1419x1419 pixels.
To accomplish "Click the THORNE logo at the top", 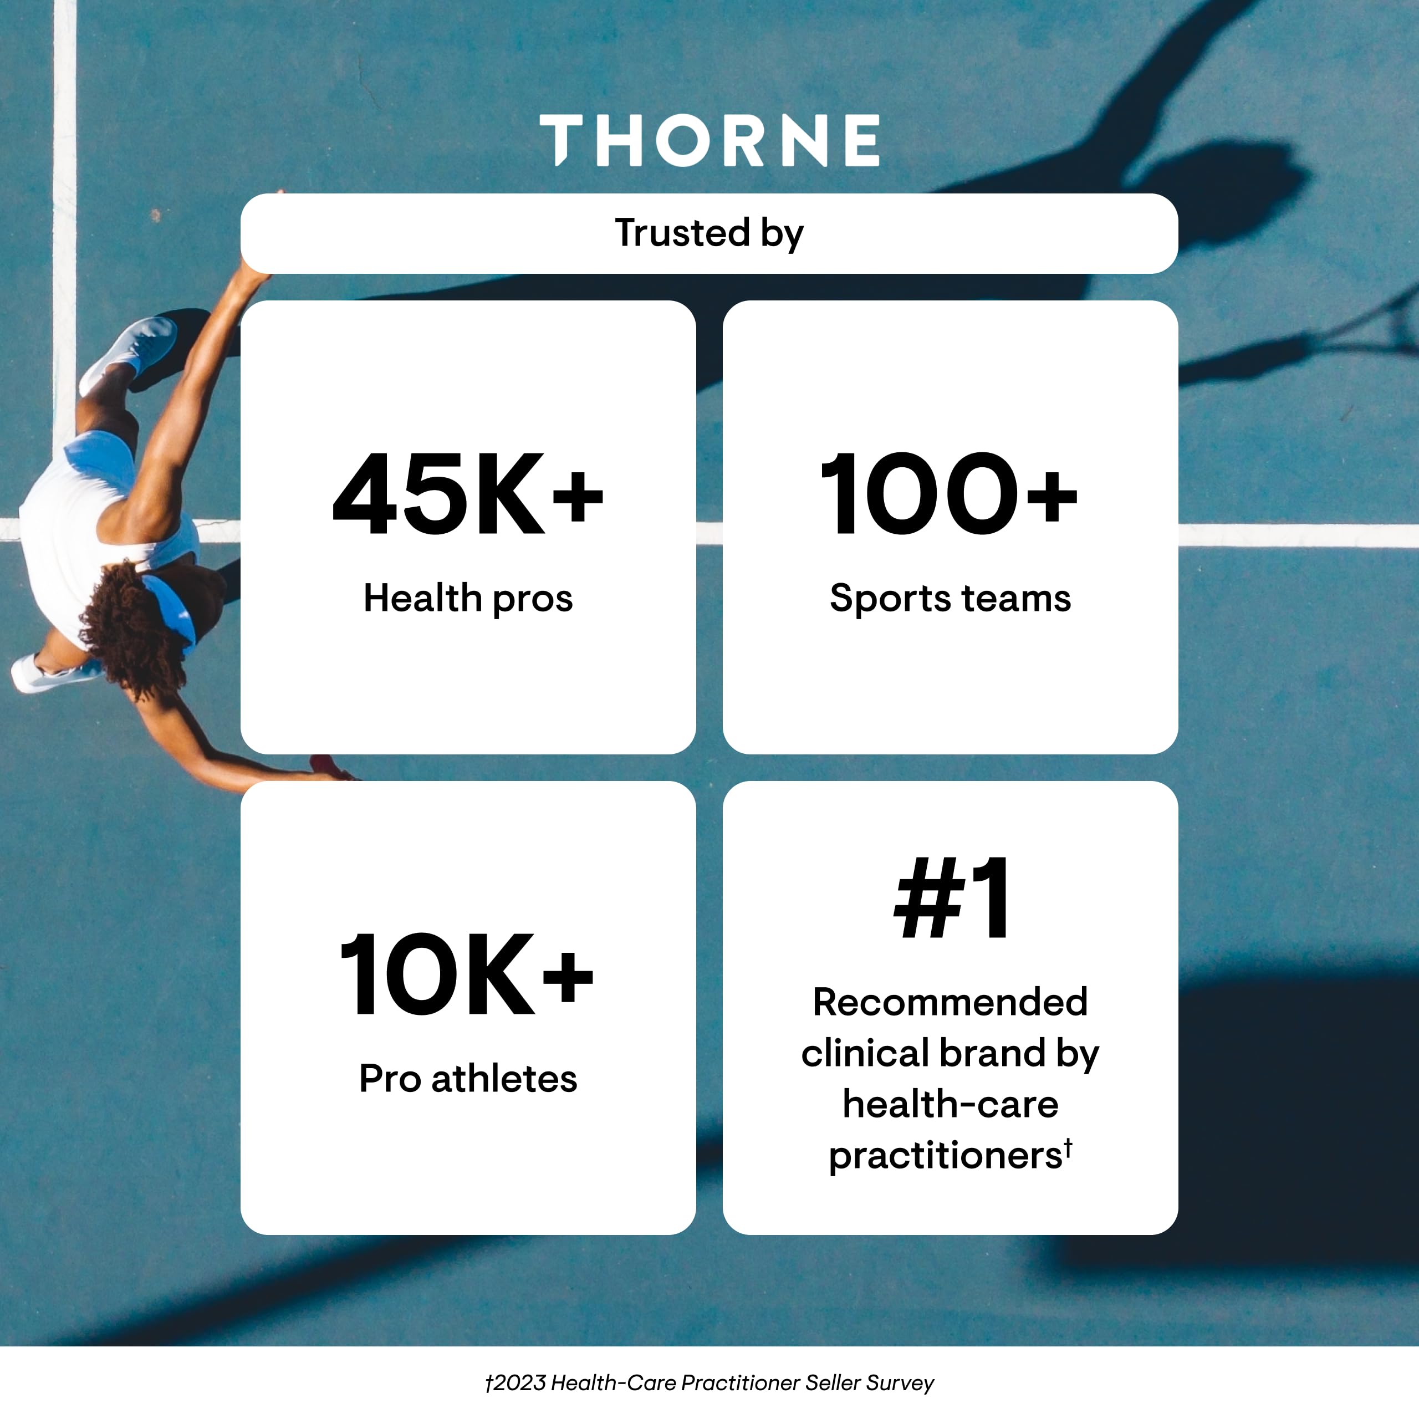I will click(x=709, y=140).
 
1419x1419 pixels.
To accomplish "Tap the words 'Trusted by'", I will click(x=709, y=233).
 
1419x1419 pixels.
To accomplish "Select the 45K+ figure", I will click(x=468, y=494).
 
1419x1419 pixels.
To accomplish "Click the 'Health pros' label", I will click(x=468, y=599).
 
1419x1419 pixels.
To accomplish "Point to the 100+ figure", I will click(x=949, y=494).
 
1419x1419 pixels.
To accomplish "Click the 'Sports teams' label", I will click(x=950, y=599).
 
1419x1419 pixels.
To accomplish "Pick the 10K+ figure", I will click(x=466, y=974).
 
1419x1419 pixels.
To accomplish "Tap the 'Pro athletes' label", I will click(x=468, y=1079).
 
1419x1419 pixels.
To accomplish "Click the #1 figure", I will click(x=951, y=899).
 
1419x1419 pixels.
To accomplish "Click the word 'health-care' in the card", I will click(x=950, y=1104).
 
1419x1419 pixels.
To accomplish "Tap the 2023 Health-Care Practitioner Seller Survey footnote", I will click(x=709, y=1383).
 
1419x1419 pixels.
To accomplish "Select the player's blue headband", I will click(x=172, y=606).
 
